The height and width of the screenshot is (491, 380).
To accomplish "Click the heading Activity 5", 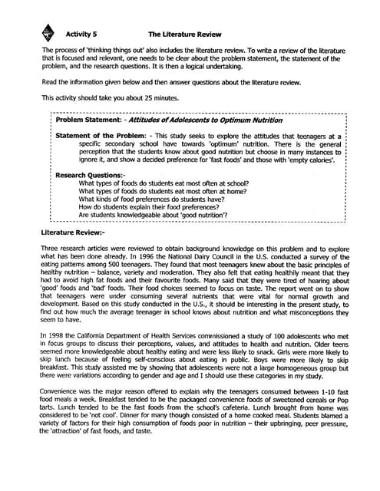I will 82,35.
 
